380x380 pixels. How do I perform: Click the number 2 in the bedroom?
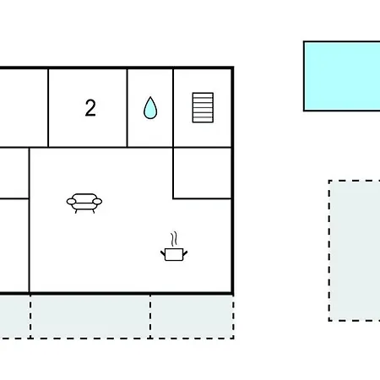coord(90,108)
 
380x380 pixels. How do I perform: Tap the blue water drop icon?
coord(150,108)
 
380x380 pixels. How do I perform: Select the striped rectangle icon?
coord(203,107)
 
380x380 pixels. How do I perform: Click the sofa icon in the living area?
coord(84,204)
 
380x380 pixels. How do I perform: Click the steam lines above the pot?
coord(174,239)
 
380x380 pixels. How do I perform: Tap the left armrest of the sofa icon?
coord(71,202)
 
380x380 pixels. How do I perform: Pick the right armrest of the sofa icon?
coord(97,202)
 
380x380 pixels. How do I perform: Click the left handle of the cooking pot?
coord(163,253)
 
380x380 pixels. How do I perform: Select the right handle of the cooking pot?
coord(185,253)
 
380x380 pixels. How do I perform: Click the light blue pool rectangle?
coord(342,76)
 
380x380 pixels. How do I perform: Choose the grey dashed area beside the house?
coord(355,251)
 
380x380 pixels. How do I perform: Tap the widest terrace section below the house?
coord(90,317)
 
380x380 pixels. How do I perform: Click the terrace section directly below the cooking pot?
coord(192,317)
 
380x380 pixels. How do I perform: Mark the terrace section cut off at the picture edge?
coord(15,317)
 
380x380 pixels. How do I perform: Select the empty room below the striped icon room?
coord(202,173)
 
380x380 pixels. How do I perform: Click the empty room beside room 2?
coord(24,108)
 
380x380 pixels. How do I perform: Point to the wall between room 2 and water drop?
coord(128,108)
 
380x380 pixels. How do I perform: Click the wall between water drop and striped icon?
coord(173,108)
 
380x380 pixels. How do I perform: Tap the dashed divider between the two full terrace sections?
coord(150,317)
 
